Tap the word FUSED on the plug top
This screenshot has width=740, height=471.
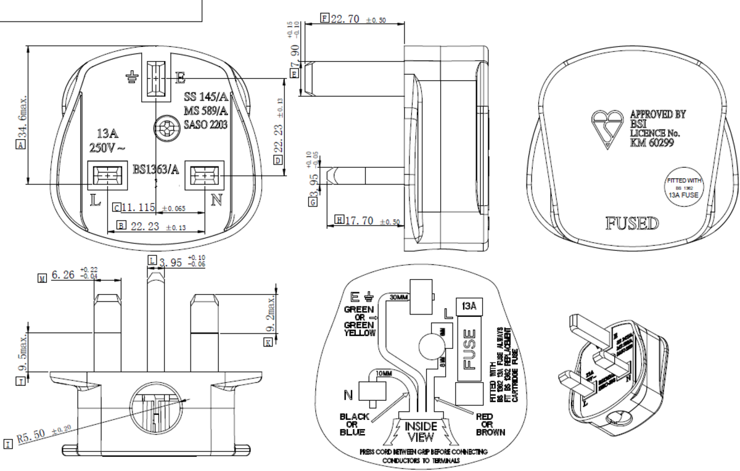(632, 223)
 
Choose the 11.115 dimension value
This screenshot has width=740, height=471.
(138, 207)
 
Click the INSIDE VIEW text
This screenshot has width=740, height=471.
(421, 432)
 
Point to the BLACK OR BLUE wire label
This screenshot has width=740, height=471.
(355, 424)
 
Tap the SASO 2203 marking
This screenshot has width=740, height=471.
(206, 125)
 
